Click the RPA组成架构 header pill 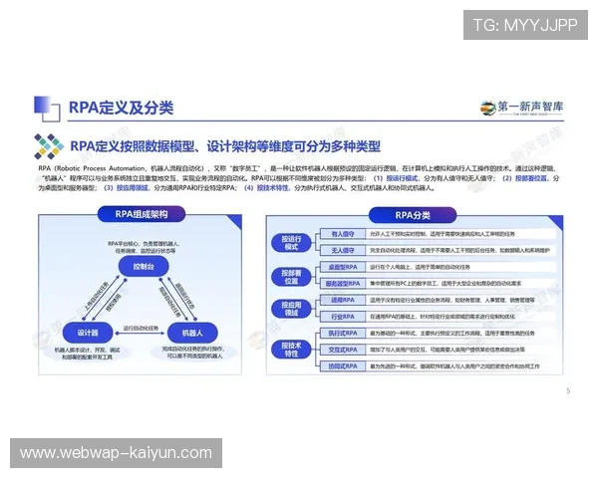point(142,214)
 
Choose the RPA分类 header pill point(412,214)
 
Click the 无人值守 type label point(342,250)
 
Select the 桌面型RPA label point(342,268)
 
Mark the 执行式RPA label point(342,333)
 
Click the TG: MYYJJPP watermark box point(524,25)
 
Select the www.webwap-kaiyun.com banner point(116,453)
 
